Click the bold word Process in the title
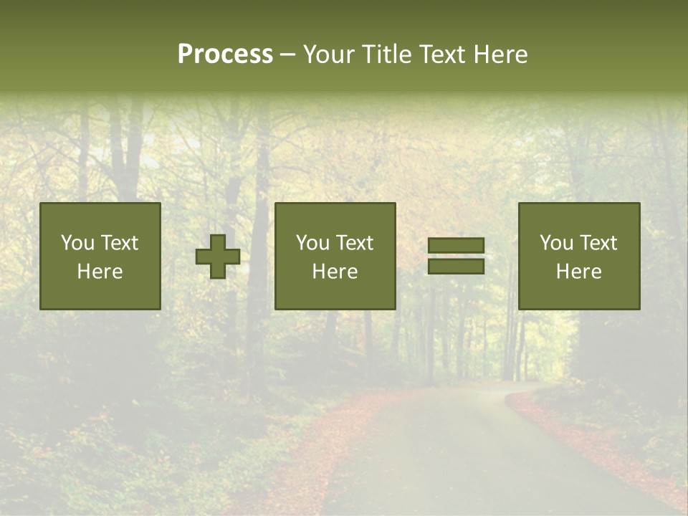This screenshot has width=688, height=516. pos(225,54)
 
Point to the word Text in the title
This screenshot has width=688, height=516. pos(444,54)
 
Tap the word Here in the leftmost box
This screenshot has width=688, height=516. pos(100,272)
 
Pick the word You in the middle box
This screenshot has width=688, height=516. pos(312,243)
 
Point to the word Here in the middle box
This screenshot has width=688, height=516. pos(335,272)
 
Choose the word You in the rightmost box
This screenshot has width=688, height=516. pos(556,243)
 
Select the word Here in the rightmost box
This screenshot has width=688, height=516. pos(578,272)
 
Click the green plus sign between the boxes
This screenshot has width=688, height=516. pos(218,257)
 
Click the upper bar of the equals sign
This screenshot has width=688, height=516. pos(456,246)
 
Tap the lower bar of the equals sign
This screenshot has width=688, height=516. pos(456,267)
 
